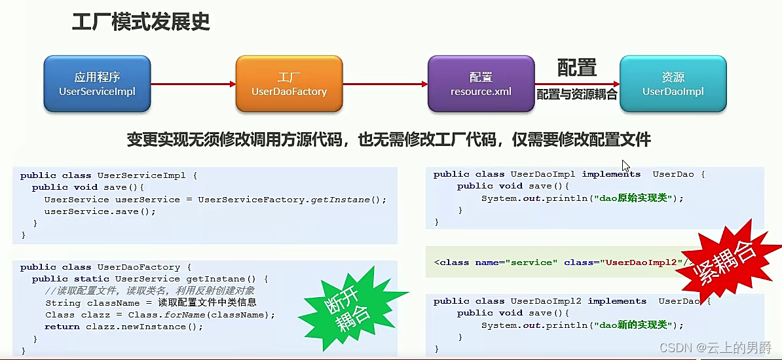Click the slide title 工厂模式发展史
coord(140,22)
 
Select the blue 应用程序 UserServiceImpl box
coord(97,84)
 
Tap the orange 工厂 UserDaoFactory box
coord(289,84)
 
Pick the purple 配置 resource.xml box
coord(481,84)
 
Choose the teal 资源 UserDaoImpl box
coord(673,84)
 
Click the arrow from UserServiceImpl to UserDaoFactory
coord(193,84)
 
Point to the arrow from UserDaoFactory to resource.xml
coord(385,84)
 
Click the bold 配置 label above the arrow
coord(576,67)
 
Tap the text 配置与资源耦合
coord(576,94)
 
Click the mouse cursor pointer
coord(625,166)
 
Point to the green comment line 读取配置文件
coord(150,291)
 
